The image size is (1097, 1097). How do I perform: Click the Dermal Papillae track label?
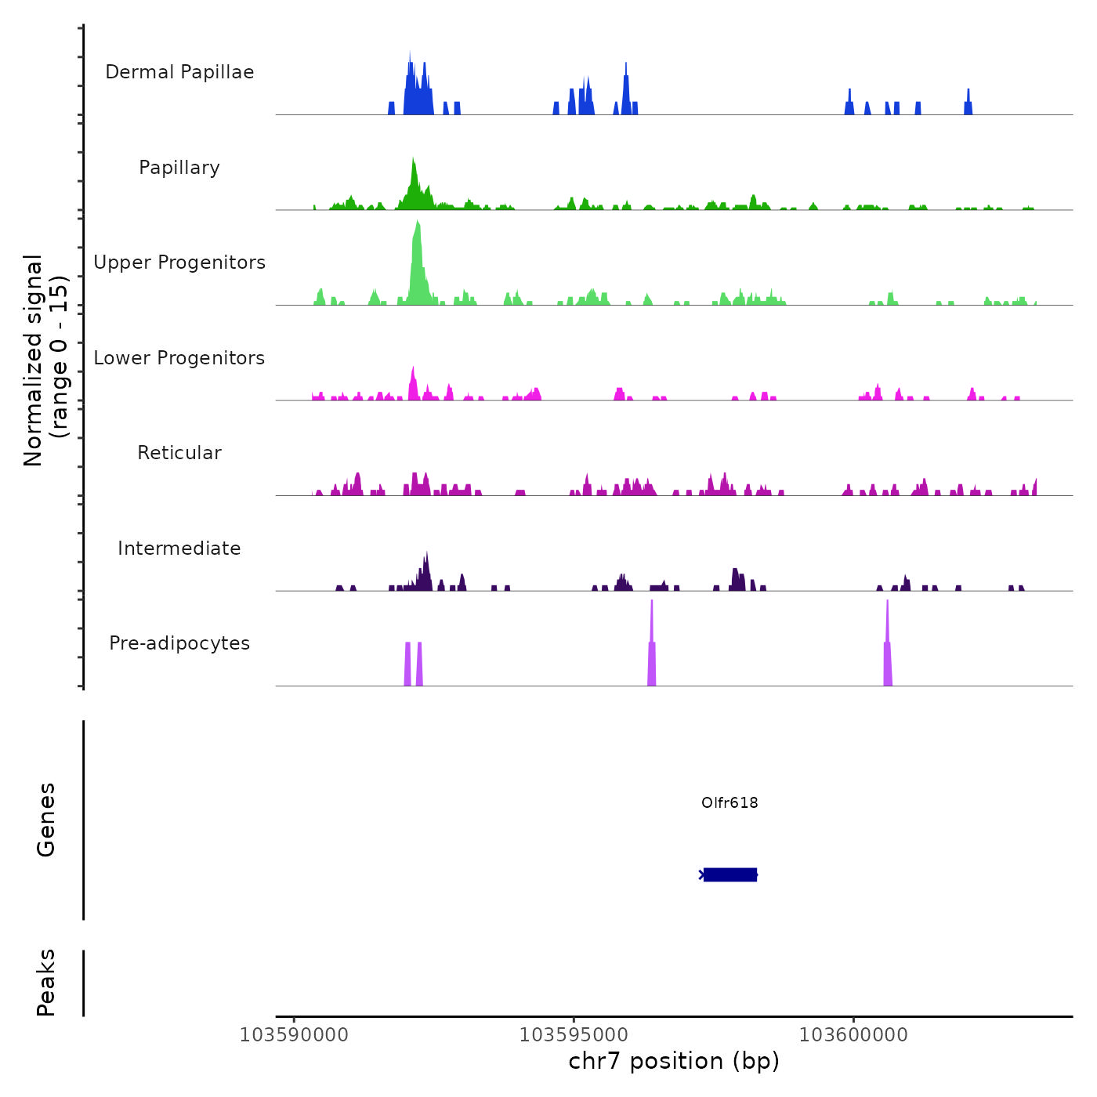(x=179, y=72)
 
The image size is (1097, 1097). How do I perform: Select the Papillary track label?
(x=179, y=168)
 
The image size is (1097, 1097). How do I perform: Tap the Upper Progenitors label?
(x=179, y=262)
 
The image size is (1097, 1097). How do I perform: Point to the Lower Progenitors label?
(x=179, y=358)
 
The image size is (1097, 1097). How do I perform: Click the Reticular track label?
(x=179, y=453)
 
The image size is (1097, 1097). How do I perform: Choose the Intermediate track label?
(x=179, y=548)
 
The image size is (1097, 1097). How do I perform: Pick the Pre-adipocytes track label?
(x=179, y=643)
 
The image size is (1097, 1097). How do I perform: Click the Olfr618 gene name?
(x=730, y=802)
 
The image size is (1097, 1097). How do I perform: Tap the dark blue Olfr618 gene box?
(x=730, y=874)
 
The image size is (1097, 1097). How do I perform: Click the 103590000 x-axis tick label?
(x=294, y=1034)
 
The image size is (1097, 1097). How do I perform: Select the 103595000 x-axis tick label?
(x=574, y=1034)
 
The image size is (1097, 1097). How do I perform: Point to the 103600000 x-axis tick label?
(x=853, y=1034)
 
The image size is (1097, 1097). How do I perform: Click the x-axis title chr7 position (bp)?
(x=674, y=1061)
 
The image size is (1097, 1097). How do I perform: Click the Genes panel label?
(x=46, y=820)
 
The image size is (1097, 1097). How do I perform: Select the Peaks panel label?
(x=46, y=983)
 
